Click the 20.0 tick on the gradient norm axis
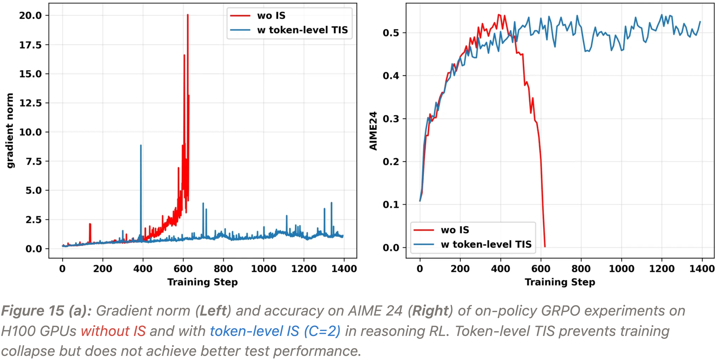(30, 15)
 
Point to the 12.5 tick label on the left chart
(30, 103)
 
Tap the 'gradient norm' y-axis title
(10, 130)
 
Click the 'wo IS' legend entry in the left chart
(271, 16)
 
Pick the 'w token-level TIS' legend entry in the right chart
(486, 244)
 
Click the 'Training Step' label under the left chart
(203, 282)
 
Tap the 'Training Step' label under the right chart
(560, 282)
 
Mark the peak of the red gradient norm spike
(188, 15)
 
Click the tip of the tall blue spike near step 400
(141, 145)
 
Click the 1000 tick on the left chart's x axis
(263, 269)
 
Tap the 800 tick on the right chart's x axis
(581, 269)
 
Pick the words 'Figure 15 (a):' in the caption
(46, 311)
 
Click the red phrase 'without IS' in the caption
(113, 331)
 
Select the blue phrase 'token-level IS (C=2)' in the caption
(275, 331)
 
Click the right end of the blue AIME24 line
(700, 22)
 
